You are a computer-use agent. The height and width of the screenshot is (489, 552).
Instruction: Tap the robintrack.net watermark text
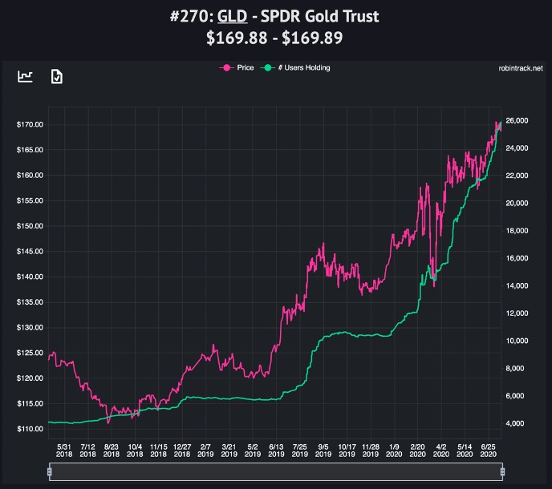520,69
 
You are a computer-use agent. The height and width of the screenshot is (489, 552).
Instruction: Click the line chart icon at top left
26,76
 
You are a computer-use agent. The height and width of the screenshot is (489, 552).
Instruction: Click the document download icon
56,76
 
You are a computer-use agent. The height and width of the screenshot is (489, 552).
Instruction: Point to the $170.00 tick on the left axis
29,124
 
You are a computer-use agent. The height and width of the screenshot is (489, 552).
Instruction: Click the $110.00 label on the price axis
29,429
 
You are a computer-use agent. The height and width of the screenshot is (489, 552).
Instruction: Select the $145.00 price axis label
29,251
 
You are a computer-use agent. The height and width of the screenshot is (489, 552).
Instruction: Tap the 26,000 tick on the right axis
522,120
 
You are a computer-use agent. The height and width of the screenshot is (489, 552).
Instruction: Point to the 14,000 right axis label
522,285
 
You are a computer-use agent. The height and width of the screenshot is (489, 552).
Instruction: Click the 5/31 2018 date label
64,451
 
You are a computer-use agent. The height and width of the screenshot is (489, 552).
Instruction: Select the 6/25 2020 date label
488,451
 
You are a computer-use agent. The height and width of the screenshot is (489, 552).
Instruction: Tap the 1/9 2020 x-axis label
394,451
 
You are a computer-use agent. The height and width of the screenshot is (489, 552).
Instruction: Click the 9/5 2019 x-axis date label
323,451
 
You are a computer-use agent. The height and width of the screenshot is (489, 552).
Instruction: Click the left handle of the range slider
50,472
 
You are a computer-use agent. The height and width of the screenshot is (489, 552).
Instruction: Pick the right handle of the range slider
503,472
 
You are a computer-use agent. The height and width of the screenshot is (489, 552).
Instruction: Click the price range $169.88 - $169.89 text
276,38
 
